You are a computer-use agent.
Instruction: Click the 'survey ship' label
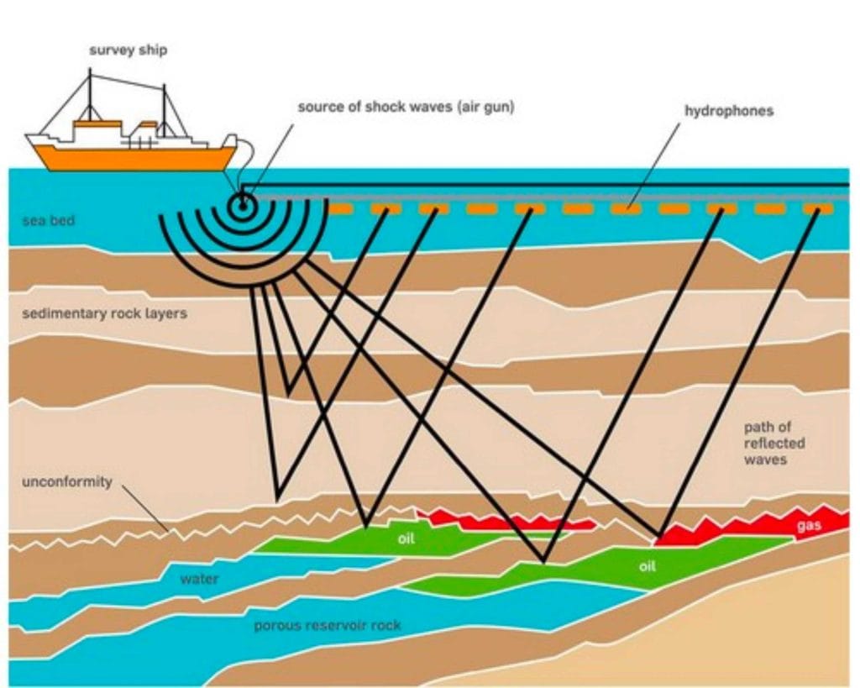click(x=128, y=50)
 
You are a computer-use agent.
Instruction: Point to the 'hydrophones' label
click(x=729, y=111)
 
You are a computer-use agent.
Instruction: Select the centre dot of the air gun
click(x=244, y=202)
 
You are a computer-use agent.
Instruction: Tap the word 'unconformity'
click(x=66, y=483)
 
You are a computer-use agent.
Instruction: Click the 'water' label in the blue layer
click(x=199, y=579)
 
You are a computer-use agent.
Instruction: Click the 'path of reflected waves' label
click(x=773, y=443)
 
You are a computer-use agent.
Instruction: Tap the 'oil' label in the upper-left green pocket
click(x=406, y=538)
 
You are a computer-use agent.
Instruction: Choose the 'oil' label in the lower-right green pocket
click(x=646, y=565)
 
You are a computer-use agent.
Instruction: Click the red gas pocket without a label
click(x=504, y=520)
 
